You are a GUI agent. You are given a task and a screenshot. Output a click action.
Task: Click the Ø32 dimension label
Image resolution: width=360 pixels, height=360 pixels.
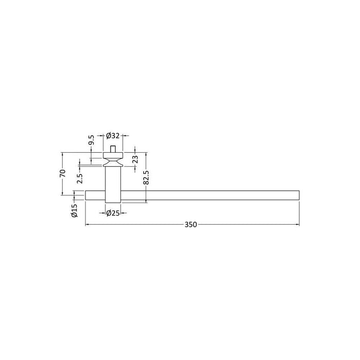click(x=113, y=136)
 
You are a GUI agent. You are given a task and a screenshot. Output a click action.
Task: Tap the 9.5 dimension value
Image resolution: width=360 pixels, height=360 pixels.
click(x=92, y=140)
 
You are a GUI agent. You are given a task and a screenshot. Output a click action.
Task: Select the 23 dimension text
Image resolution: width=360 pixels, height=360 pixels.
click(x=135, y=159)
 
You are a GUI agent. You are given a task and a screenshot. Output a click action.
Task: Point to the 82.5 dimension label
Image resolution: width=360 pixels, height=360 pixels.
click(x=146, y=177)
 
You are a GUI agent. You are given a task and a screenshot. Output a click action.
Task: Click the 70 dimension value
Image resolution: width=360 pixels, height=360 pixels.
click(x=62, y=173)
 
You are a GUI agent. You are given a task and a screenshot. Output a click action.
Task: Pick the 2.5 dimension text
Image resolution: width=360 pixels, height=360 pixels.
click(x=80, y=178)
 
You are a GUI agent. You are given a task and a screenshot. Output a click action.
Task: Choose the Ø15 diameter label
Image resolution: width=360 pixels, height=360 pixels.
click(x=75, y=210)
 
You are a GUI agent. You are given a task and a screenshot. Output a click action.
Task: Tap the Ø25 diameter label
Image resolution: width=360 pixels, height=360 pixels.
click(x=113, y=213)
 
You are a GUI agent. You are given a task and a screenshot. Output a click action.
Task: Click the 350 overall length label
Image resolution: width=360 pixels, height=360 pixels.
click(x=191, y=225)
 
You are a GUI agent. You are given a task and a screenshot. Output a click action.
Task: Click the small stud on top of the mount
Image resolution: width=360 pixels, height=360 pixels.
click(x=113, y=149)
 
